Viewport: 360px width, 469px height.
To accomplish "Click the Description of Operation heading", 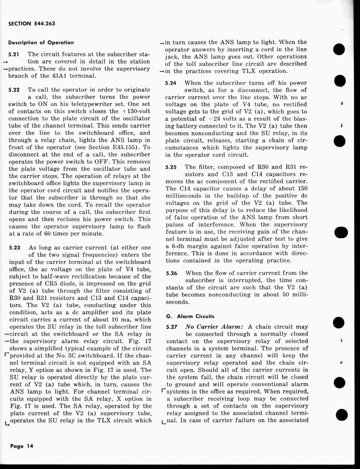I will click(41, 43).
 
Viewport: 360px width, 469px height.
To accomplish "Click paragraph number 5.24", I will click(172, 83).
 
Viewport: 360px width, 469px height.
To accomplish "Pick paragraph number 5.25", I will click(172, 168).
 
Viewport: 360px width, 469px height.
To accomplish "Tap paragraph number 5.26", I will click(172, 273).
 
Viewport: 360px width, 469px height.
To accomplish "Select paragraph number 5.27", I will click(172, 327).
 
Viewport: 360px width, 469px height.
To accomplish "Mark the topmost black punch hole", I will click(339, 49).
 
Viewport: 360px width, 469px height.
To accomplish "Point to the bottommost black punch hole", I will click(339, 415).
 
